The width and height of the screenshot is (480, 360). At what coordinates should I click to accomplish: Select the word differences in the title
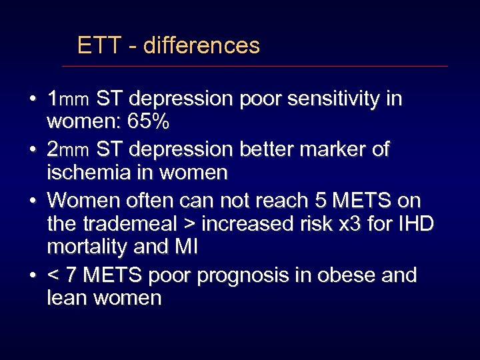[x=201, y=45]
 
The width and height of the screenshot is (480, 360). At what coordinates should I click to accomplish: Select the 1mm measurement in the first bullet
[x=67, y=100]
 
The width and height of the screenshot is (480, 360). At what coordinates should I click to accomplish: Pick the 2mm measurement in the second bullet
[x=67, y=150]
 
